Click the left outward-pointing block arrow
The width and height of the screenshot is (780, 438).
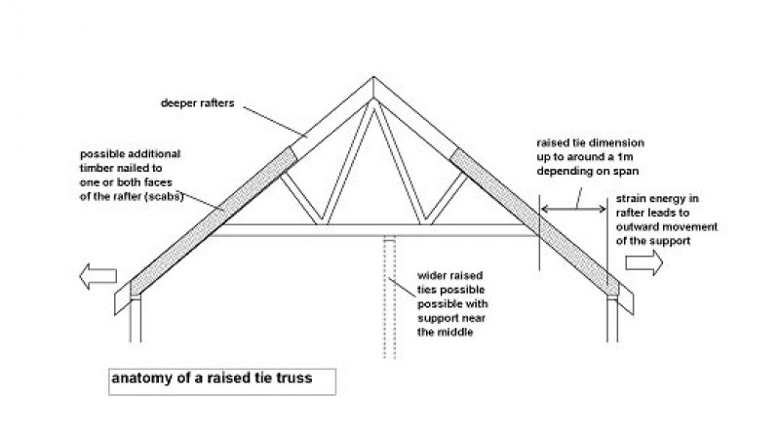[x=97, y=276]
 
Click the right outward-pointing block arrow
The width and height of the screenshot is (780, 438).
[x=644, y=262]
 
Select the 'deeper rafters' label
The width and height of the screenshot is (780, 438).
[x=198, y=103]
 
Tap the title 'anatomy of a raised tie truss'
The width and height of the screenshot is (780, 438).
[x=212, y=378]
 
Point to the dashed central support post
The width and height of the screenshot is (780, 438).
[x=389, y=298]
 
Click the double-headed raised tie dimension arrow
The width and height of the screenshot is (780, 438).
[x=573, y=210]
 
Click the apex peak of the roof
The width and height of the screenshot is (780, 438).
[x=373, y=77]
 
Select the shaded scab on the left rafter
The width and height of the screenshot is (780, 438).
[x=214, y=221]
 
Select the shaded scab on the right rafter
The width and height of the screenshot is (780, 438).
[x=534, y=222]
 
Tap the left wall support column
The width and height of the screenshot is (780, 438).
[x=136, y=319]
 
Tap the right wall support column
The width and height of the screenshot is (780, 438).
[x=612, y=319]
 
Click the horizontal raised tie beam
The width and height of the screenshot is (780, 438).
[x=373, y=230]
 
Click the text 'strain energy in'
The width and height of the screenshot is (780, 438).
[x=657, y=199]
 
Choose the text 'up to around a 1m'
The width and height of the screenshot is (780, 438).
[x=584, y=157]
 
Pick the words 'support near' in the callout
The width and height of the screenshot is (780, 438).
[x=451, y=318]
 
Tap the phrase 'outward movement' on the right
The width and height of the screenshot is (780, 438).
[x=667, y=227]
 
